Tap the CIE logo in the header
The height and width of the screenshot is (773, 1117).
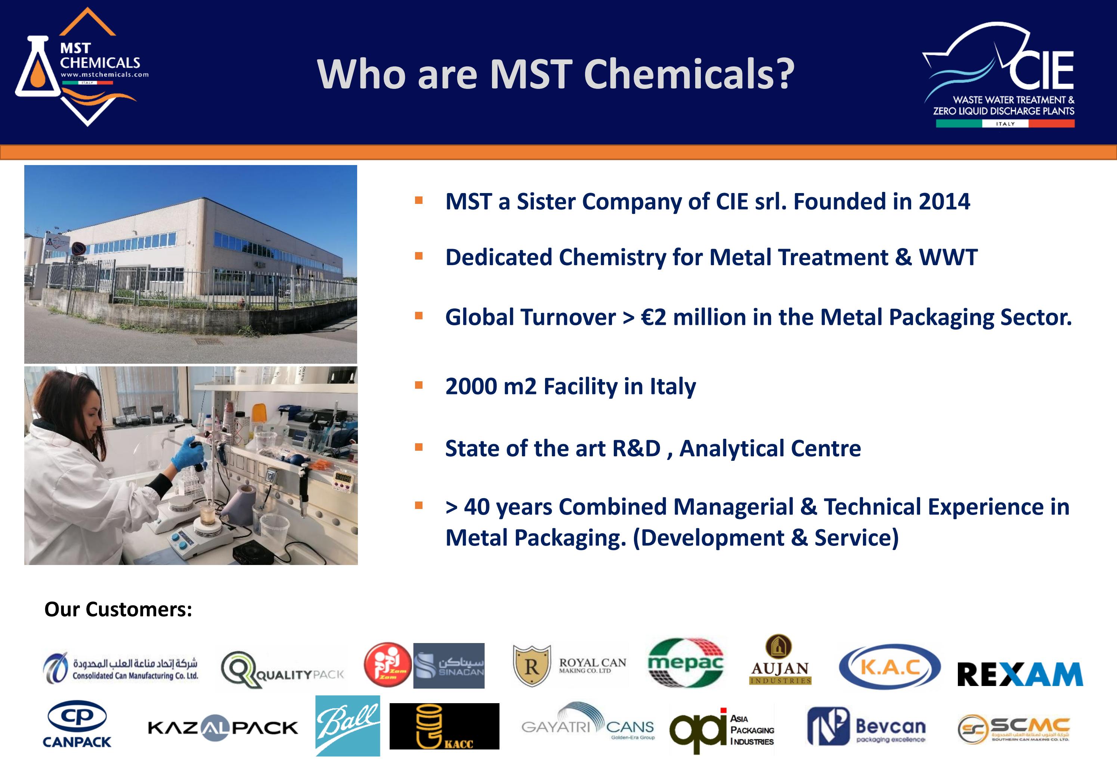pyautogui.click(x=1003, y=75)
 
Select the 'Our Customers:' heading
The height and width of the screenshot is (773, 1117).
pyautogui.click(x=118, y=609)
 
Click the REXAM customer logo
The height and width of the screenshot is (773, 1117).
pyautogui.click(x=1019, y=674)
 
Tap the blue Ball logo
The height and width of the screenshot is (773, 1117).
pyautogui.click(x=347, y=726)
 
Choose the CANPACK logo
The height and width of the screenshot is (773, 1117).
pyautogui.click(x=77, y=724)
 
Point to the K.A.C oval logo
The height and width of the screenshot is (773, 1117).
pyautogui.click(x=889, y=667)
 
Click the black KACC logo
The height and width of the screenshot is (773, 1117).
pyautogui.click(x=444, y=726)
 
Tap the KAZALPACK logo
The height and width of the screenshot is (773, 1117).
pyautogui.click(x=222, y=727)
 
